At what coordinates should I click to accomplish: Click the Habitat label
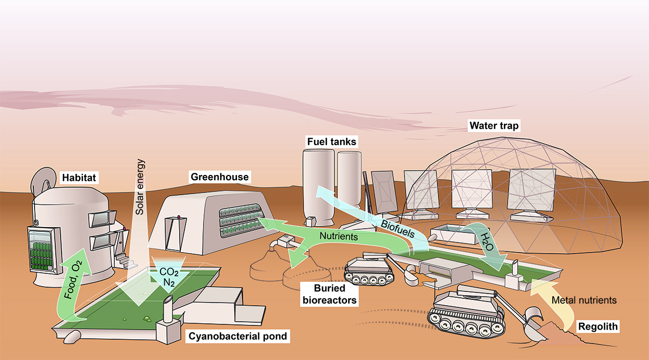[79, 178]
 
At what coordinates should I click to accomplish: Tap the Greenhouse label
[220, 176]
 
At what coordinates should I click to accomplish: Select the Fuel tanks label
[332, 142]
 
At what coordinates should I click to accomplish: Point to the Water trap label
[493, 127]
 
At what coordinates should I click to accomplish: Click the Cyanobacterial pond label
[239, 336]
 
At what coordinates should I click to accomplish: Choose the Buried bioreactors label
[328, 294]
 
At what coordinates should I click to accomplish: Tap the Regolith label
[597, 326]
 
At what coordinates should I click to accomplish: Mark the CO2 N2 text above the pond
[168, 277]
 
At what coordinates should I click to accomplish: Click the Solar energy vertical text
[140, 190]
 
